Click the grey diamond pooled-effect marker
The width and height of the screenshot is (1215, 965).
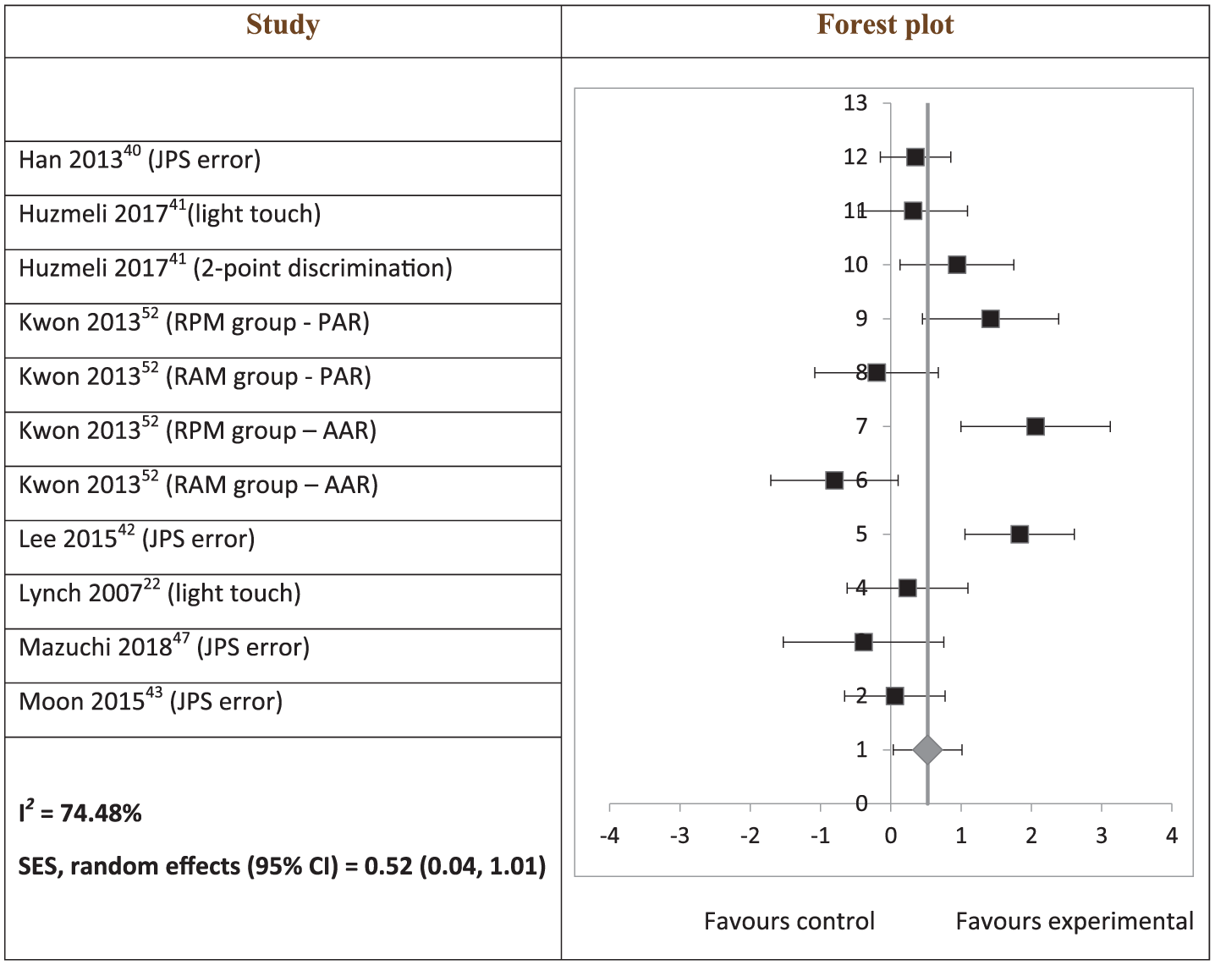[x=927, y=750]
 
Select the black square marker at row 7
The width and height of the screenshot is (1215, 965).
[x=1035, y=426]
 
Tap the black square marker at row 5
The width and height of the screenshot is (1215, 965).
[x=1019, y=535]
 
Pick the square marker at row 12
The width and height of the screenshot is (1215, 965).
[x=915, y=157]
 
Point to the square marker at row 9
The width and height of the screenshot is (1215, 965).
[x=990, y=319]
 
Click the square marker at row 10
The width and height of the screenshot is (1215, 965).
[x=956, y=265]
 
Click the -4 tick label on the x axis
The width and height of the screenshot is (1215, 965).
[x=610, y=836]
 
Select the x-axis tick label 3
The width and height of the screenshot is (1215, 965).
[x=1102, y=836]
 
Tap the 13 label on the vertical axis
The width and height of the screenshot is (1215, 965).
[x=855, y=103]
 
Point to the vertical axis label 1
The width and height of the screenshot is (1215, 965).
[x=861, y=750]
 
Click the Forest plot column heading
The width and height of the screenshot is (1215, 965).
[x=885, y=25]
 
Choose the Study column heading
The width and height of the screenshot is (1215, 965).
[x=283, y=25]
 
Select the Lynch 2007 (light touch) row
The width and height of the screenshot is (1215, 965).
[x=160, y=592]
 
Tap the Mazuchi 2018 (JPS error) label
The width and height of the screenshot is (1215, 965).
[x=164, y=646]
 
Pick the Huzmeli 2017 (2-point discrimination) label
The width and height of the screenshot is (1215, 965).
[x=235, y=267]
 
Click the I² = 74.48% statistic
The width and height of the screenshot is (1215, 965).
[x=80, y=812]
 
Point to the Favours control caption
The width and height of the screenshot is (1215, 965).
[x=789, y=922]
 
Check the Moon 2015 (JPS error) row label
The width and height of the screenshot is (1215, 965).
[x=151, y=700]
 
